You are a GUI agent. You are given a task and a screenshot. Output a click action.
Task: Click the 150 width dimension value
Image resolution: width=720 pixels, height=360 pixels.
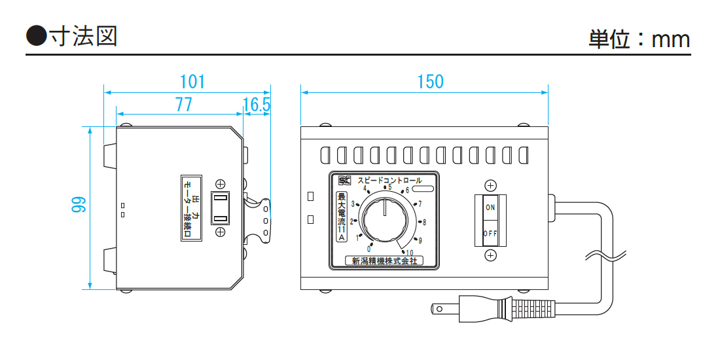pos(430,82)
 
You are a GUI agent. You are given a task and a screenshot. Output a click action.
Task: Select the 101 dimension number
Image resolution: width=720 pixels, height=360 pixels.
pos(192,82)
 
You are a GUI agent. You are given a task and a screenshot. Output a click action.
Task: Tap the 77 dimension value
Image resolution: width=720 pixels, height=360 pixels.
pos(183,104)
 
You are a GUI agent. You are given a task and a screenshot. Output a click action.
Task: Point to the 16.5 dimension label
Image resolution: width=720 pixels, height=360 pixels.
pos(257,104)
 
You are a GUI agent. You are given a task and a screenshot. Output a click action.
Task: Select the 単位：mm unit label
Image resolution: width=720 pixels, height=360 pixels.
pos(639,39)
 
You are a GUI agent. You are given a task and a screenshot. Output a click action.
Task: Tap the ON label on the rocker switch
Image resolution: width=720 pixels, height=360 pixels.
pos(490,207)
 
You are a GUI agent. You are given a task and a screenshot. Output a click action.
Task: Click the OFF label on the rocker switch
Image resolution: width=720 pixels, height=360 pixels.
pos(490,233)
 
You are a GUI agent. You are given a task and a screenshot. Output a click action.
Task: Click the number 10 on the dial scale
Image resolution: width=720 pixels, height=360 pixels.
pos(410,253)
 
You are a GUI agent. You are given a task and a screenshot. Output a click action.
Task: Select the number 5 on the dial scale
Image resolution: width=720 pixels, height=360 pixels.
pos(390,187)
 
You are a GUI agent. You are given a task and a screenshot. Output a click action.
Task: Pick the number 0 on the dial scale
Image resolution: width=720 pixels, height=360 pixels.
pos(369,249)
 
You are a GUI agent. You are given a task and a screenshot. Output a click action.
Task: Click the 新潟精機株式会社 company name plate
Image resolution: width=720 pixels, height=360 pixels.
pos(384,261)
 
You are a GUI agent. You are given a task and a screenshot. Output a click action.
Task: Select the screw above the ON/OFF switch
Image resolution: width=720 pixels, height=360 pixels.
pos(490,186)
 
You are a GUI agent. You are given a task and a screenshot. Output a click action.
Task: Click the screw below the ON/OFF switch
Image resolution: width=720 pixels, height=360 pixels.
pos(490,255)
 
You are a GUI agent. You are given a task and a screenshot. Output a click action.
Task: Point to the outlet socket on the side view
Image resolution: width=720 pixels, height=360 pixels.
pos(221,207)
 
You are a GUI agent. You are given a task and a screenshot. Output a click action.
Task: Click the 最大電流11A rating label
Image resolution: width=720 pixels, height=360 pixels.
pos(341,217)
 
